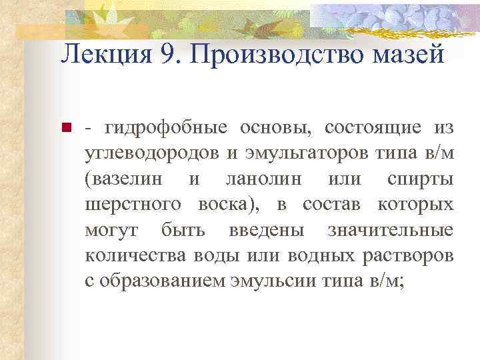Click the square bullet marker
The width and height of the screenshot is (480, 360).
pyautogui.click(x=66, y=127)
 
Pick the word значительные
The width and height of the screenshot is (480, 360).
pyautogui.click(x=390, y=231)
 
